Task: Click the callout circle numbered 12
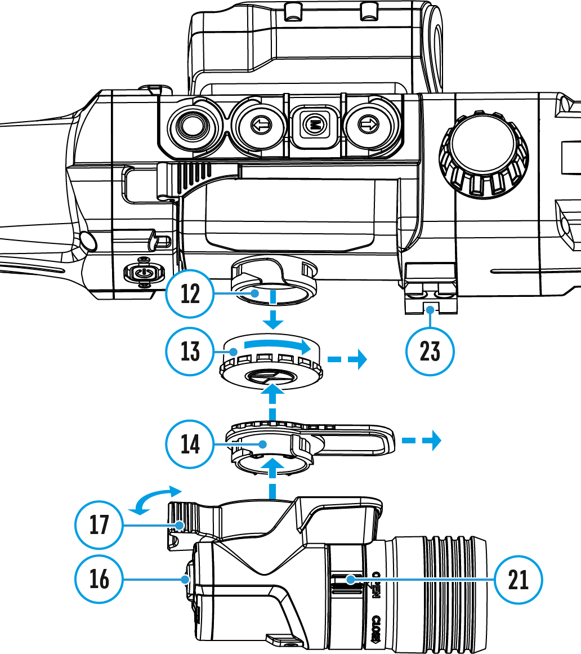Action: click(x=191, y=295)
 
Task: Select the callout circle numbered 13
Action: click(x=191, y=352)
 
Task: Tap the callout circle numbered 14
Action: click(x=191, y=444)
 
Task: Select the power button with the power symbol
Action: click(x=143, y=272)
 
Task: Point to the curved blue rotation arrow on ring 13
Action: click(x=276, y=344)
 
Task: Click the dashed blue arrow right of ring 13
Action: click(x=347, y=358)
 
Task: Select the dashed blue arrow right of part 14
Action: click(x=421, y=441)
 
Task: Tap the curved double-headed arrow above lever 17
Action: click(x=155, y=499)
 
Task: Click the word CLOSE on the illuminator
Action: click(x=377, y=629)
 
